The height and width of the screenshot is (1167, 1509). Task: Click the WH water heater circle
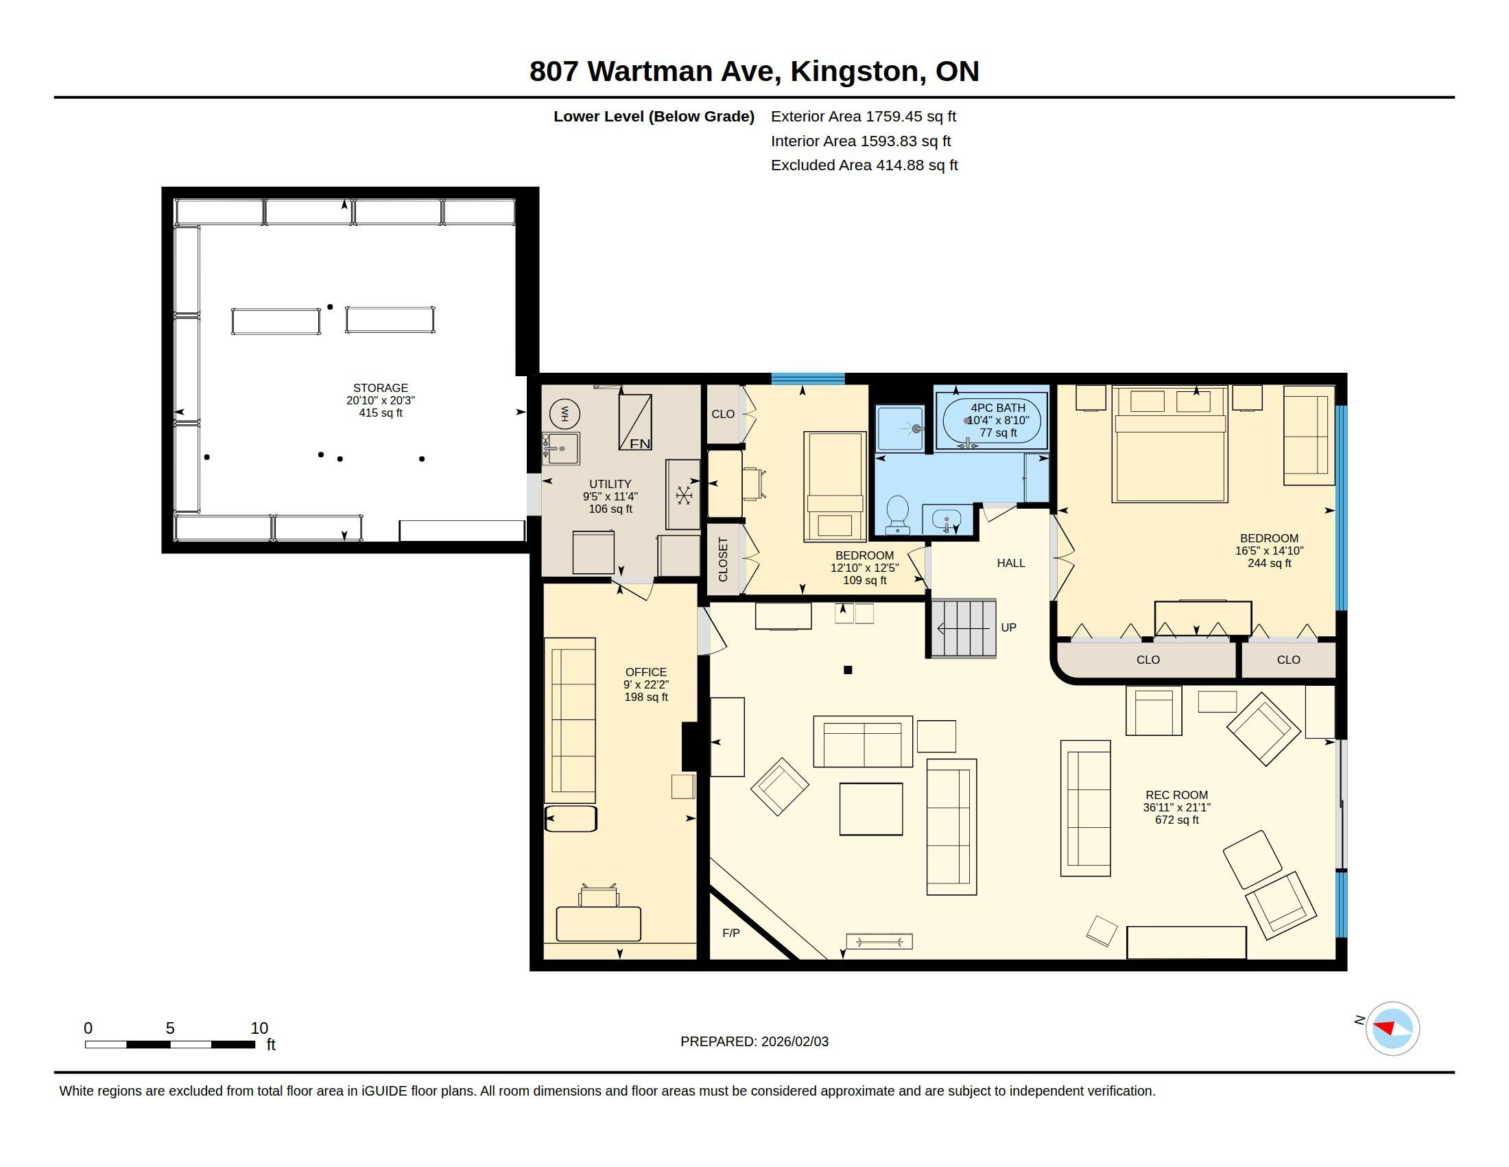(x=565, y=413)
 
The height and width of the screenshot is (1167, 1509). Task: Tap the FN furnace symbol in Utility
(x=635, y=421)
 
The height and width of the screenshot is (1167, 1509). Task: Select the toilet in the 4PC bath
(x=898, y=514)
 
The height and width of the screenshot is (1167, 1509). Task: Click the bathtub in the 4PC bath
(x=993, y=420)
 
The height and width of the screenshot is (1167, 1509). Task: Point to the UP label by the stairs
(x=1009, y=627)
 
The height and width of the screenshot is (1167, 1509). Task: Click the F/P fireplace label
(x=731, y=934)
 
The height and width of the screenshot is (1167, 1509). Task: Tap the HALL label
(x=1011, y=564)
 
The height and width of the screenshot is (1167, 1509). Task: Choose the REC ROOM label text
(x=1176, y=795)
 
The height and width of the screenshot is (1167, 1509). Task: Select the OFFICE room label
(x=646, y=672)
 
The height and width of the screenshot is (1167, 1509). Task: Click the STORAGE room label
(x=381, y=388)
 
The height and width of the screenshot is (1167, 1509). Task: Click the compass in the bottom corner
(x=1392, y=1029)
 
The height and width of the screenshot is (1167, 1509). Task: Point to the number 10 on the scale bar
(x=259, y=1028)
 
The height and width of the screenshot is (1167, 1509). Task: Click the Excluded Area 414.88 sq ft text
(x=864, y=165)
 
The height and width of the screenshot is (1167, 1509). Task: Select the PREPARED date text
(x=754, y=1041)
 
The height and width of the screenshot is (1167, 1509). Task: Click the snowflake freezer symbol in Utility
(x=684, y=495)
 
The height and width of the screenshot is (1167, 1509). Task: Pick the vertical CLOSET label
(x=724, y=560)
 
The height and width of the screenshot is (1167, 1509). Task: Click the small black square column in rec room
(x=848, y=670)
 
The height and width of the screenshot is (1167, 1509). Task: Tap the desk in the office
(x=598, y=923)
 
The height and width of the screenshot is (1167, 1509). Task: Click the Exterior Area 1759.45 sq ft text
(x=864, y=116)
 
